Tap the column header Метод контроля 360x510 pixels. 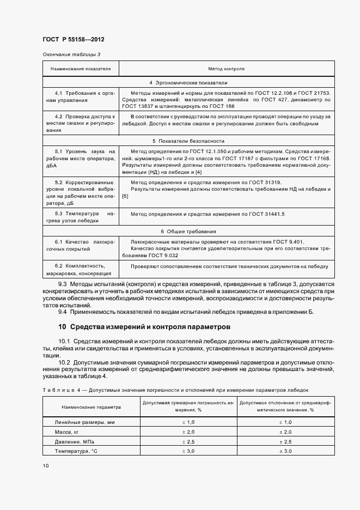(226, 70)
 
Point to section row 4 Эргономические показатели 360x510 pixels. (188, 83)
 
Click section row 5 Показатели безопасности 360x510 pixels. (188, 141)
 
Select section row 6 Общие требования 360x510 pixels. (188, 231)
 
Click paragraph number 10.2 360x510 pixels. (66, 362)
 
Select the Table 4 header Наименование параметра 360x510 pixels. (91, 407)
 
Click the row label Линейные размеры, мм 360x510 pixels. (84, 422)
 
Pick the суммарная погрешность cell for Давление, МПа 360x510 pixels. (187, 442)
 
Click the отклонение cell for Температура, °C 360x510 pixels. (285, 452)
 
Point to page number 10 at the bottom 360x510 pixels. (46, 466)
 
